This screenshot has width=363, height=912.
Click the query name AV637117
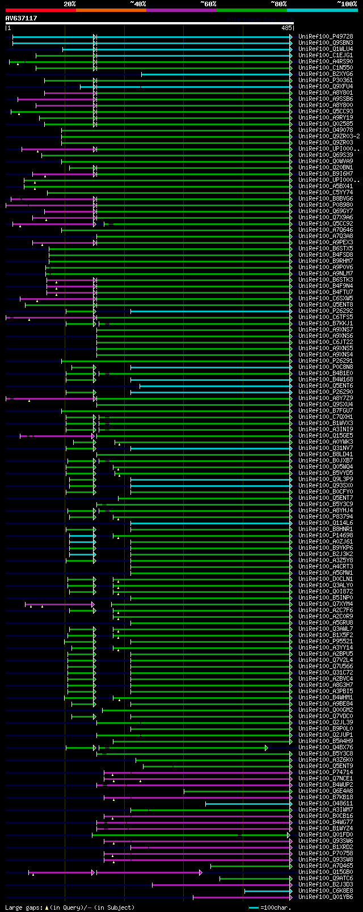22,18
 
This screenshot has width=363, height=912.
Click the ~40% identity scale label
138,4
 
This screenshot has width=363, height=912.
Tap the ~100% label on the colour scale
347,4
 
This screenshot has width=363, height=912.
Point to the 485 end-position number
286,27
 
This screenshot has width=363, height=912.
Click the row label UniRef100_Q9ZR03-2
329,136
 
